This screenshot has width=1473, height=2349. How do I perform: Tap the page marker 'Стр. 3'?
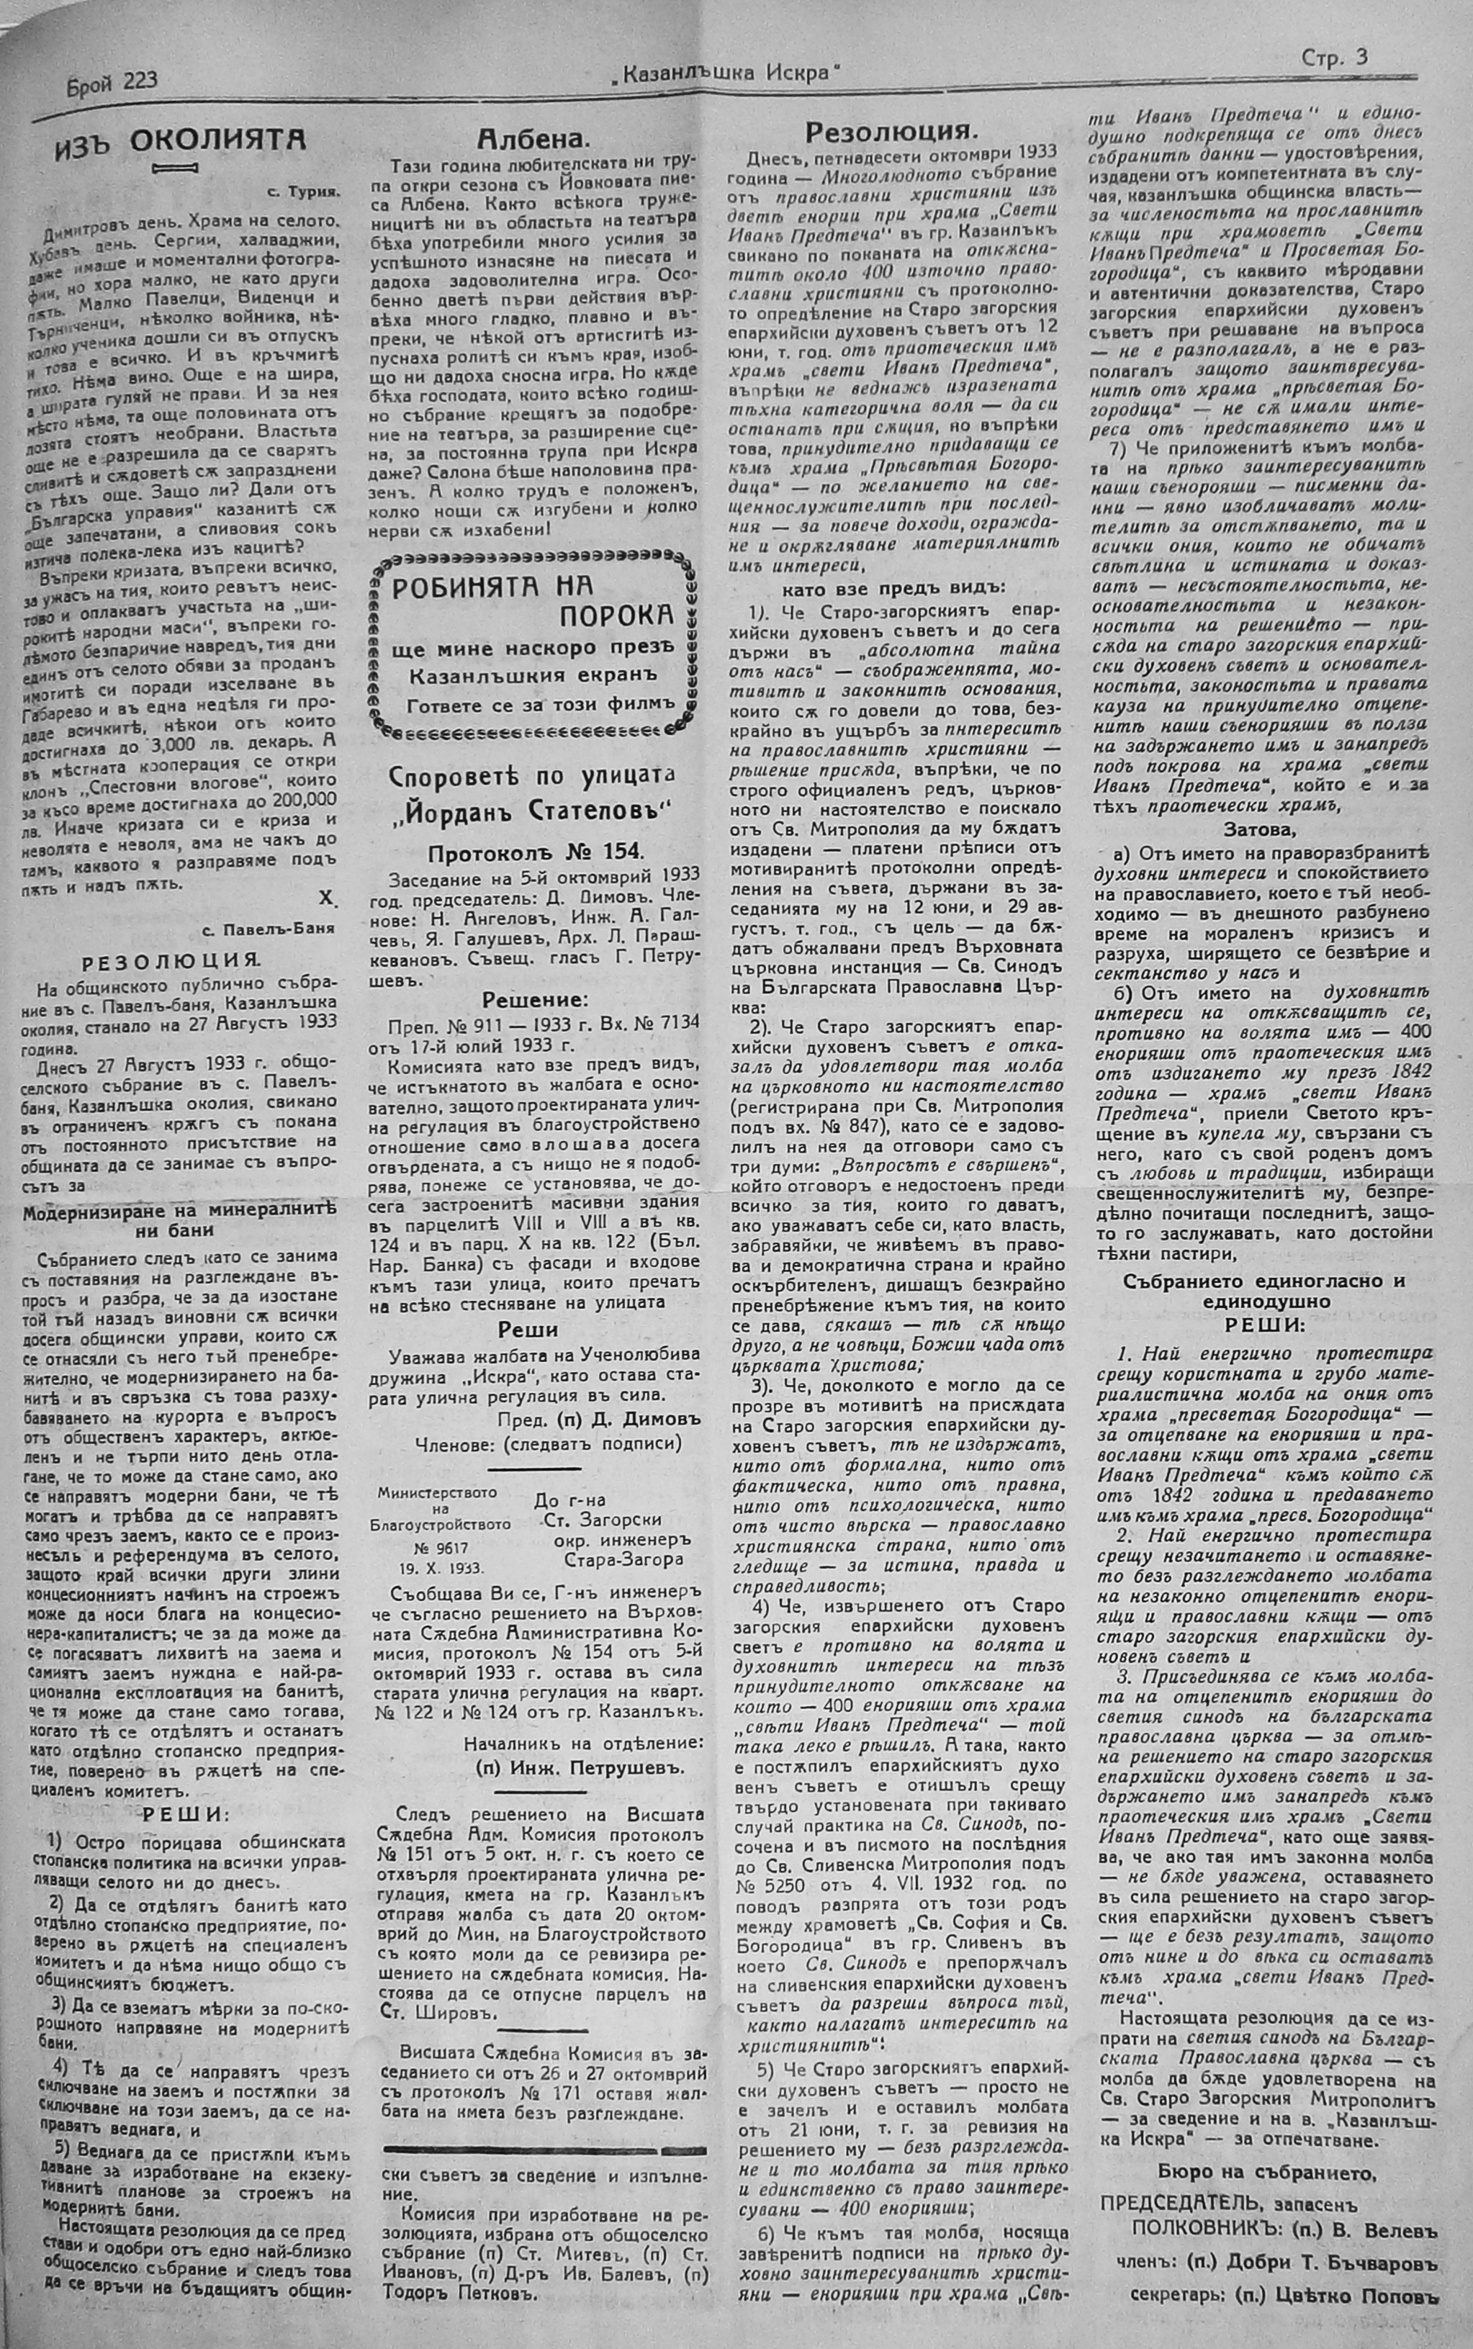[1333, 58]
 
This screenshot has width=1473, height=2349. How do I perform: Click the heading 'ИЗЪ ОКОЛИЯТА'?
[180, 140]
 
